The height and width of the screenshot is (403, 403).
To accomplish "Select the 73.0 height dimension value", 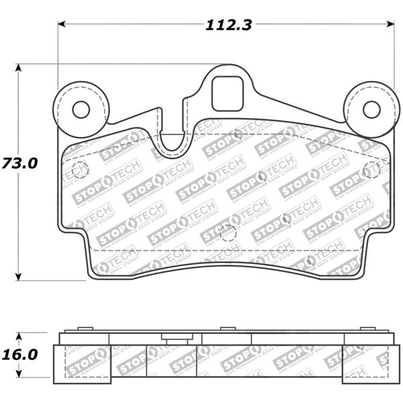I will click(19, 163).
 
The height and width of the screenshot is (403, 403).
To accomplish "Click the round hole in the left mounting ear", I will click(81, 109).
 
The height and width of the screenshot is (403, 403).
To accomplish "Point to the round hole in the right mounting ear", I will click(371, 109).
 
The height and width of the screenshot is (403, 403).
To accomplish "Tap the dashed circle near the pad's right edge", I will click(370, 171).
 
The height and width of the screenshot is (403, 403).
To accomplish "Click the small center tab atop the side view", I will click(228, 328).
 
